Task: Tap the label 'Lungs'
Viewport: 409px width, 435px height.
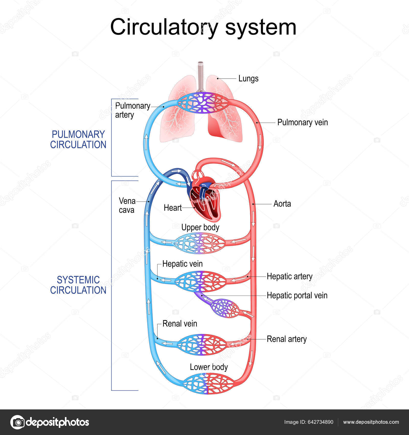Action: pos(248,78)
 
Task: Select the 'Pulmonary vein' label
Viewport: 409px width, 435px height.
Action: pos(302,122)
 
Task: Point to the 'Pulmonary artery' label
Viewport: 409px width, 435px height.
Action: pos(132,110)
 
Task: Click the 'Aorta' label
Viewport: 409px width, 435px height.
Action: pos(282,204)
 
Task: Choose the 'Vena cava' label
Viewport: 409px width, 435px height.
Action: pos(127,205)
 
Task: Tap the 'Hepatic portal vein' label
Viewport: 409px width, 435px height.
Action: pos(297,295)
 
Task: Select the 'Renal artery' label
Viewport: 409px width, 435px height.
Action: pos(287,339)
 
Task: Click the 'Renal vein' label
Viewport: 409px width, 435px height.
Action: pos(180,323)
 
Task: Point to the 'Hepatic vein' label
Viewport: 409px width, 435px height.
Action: pos(182,264)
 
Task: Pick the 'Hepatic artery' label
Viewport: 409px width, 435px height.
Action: pos(289,276)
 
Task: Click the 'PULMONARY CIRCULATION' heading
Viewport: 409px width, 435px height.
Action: pos(78,139)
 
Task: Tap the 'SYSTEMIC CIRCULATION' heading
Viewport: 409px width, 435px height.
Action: pos(78,285)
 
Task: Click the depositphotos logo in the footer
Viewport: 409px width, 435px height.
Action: pos(50,422)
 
